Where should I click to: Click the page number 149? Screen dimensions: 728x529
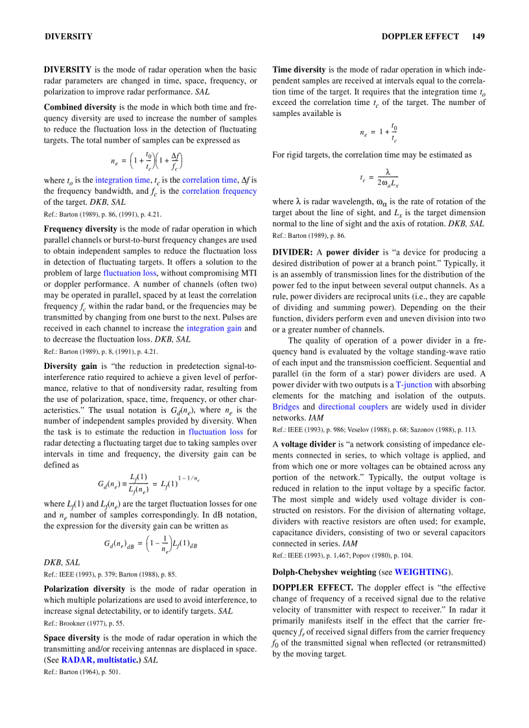click(x=478, y=36)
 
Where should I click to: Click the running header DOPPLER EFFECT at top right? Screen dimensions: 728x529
click(x=420, y=36)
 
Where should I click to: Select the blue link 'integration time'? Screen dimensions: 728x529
click(x=123, y=180)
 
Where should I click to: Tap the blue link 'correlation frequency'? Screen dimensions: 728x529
click(x=219, y=191)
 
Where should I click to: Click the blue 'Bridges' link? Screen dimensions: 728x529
click(x=287, y=406)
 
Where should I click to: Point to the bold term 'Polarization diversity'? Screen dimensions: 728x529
click(x=84, y=589)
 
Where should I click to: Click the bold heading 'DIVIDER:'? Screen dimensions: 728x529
click(x=292, y=252)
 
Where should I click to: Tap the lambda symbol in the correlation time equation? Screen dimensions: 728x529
click(x=388, y=172)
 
